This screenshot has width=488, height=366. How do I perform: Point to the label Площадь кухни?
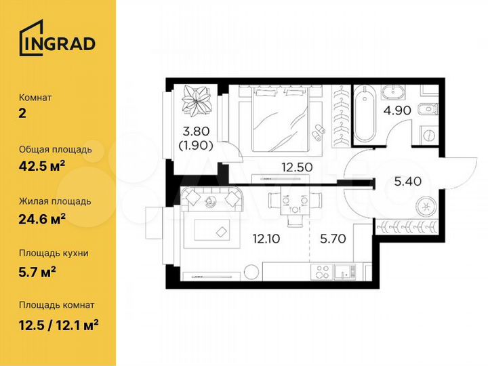pyautogui.click(x=54, y=253)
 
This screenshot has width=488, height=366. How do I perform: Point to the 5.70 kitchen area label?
pyautogui.click(x=333, y=239)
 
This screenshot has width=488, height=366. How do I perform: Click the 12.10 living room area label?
pyautogui.click(x=267, y=239)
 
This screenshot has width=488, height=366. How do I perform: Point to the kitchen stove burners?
pyautogui.click(x=322, y=273)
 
